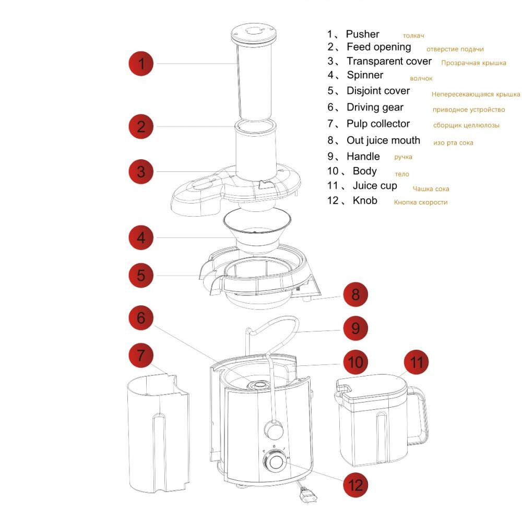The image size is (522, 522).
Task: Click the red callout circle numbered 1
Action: [x=141, y=64]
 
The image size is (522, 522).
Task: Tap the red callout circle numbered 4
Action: [x=141, y=238]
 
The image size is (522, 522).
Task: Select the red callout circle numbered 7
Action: [x=141, y=355]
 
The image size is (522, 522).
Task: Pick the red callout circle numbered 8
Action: [x=355, y=294]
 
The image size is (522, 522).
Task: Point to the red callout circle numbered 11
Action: [x=416, y=362]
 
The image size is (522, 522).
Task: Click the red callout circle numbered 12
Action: [x=355, y=485]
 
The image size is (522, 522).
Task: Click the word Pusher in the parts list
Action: [x=363, y=34]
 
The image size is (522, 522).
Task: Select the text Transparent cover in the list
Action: [x=389, y=61]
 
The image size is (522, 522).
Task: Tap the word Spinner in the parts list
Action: [x=365, y=75]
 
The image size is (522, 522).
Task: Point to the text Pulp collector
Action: [x=378, y=124]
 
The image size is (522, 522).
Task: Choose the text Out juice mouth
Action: [x=383, y=140]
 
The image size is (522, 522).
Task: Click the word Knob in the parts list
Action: [x=365, y=200]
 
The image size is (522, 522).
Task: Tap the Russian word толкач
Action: [x=413, y=35]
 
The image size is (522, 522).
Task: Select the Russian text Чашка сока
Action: [x=431, y=189]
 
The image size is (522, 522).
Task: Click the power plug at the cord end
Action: [x=308, y=495]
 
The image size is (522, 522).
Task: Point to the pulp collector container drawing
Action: [x=159, y=432]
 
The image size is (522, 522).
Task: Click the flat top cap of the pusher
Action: [x=254, y=33]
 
